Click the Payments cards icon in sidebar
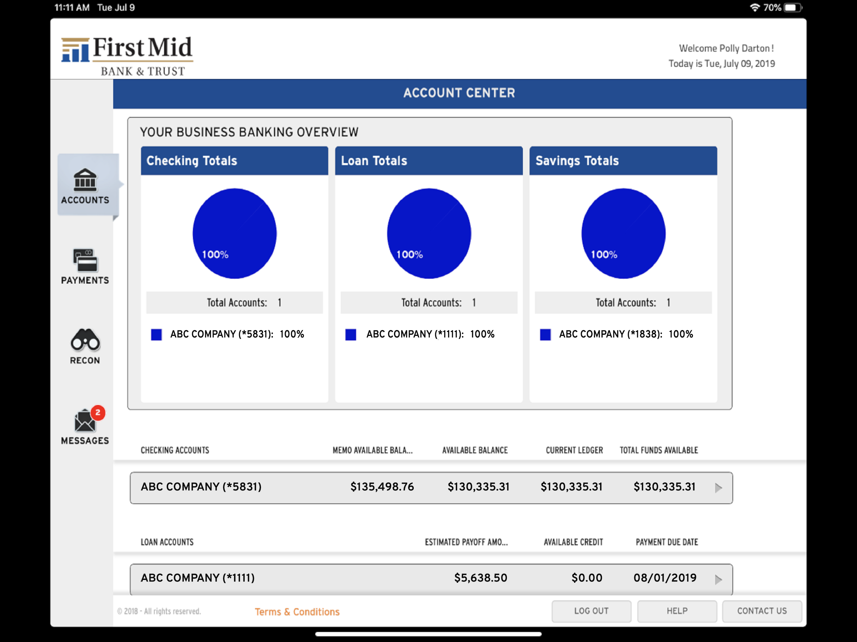pyautogui.click(x=85, y=260)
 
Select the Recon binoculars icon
pyautogui.click(x=85, y=339)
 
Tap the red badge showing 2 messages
pyautogui.click(x=98, y=413)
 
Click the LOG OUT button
pyautogui.click(x=591, y=611)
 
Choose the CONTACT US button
pyautogui.click(x=762, y=611)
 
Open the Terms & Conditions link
pyautogui.click(x=297, y=612)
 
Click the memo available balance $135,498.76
pyautogui.click(x=382, y=487)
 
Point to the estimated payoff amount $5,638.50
pyautogui.click(x=481, y=578)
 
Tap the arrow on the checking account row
pyautogui.click(x=719, y=488)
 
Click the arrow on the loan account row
pyautogui.click(x=719, y=580)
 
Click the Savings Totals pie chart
pyautogui.click(x=623, y=234)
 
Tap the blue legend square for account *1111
pyautogui.click(x=351, y=334)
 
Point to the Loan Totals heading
pyautogui.click(x=374, y=161)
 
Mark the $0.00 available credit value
pyautogui.click(x=587, y=578)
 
